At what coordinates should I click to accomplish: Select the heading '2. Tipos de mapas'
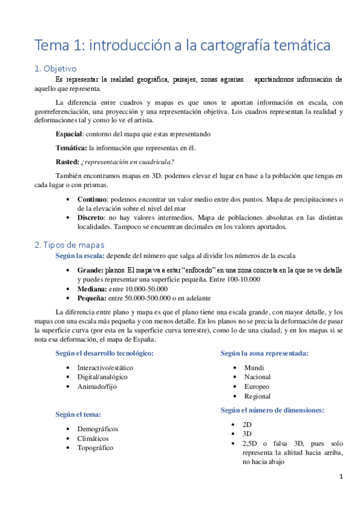point(69,245)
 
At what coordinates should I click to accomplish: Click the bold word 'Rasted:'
point(68,161)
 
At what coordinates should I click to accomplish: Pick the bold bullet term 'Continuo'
point(92,199)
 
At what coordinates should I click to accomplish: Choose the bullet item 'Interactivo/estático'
point(105,367)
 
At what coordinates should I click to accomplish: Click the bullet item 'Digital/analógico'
point(102,376)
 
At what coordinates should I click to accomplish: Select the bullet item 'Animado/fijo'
point(97,386)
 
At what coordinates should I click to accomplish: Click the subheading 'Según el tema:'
point(78,414)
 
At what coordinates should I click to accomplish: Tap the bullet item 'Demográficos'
point(98,429)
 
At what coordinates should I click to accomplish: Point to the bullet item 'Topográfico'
point(95,447)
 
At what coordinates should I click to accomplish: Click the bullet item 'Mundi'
point(254,367)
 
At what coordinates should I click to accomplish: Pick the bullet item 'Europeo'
point(257,386)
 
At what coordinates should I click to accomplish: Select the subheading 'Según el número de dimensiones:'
point(272,410)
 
